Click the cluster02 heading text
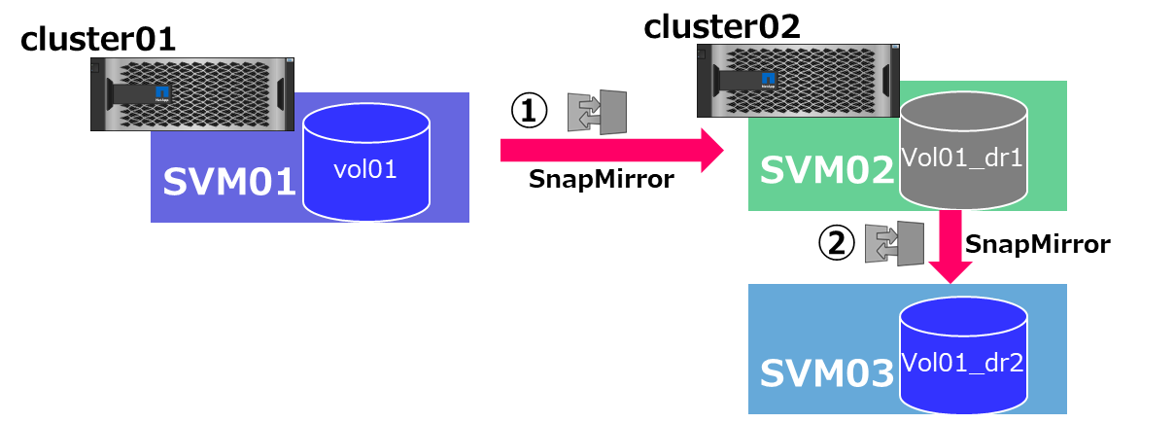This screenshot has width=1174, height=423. [722, 26]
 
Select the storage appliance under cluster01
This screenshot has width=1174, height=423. [192, 94]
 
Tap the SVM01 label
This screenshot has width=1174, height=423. [229, 182]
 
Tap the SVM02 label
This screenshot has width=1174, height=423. [825, 170]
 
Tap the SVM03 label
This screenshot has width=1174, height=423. [825, 373]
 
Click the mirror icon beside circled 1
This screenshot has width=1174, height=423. [597, 111]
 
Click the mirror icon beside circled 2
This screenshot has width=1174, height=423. [894, 243]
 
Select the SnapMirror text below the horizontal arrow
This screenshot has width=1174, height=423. [601, 180]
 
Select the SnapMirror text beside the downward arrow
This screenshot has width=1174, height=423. [1036, 244]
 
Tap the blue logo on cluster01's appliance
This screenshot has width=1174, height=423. [160, 94]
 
